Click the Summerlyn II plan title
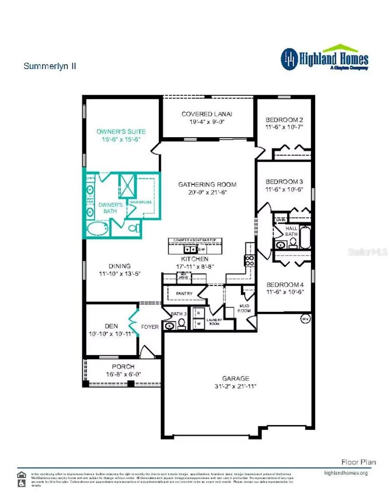point(50,66)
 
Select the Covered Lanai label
point(207,114)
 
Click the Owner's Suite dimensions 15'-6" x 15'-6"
point(121,139)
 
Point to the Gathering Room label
point(207,185)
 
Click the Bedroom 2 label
point(284,120)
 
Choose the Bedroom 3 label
point(284,182)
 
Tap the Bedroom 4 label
point(285,285)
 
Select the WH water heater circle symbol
point(305,319)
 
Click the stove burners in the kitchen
point(250,261)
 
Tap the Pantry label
point(184,294)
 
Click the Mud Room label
point(244,308)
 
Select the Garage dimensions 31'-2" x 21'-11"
point(236,386)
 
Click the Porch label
point(123,367)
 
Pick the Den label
point(111,326)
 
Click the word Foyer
point(150,327)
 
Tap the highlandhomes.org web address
point(346,473)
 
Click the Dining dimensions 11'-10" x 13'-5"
point(120,274)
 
